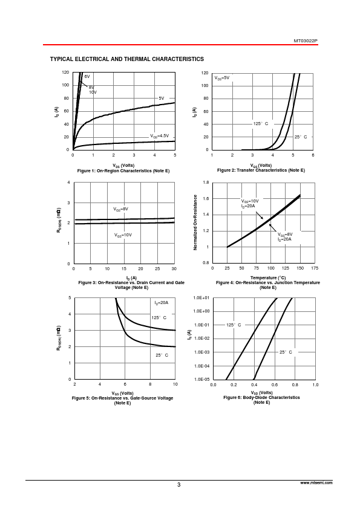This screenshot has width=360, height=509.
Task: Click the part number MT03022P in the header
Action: click(x=306, y=41)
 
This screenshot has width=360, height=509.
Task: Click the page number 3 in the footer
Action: click(x=178, y=485)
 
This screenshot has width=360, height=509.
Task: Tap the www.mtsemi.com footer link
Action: click(x=316, y=483)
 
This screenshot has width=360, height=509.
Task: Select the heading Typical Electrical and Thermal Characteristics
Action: click(x=127, y=59)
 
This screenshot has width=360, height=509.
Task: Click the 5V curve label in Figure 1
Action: click(x=162, y=98)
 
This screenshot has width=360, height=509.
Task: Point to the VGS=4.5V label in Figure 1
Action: click(x=159, y=136)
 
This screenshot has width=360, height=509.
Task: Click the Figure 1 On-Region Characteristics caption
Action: click(x=123, y=170)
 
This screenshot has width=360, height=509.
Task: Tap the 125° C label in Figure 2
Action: click(x=261, y=124)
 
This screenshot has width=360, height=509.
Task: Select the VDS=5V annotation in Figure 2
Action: click(x=221, y=78)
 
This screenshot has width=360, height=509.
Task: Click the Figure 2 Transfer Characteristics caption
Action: click(x=261, y=170)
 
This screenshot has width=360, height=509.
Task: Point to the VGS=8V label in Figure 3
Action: click(x=120, y=209)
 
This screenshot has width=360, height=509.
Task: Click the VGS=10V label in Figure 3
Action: click(x=123, y=235)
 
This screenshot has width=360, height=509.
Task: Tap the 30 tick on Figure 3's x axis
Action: click(x=174, y=269)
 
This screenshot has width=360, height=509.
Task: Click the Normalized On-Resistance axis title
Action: click(x=195, y=222)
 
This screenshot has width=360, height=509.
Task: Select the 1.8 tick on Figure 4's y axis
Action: click(x=206, y=183)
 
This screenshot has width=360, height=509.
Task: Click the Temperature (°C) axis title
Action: click(x=268, y=278)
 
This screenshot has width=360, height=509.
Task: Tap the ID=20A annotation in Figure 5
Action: click(x=161, y=303)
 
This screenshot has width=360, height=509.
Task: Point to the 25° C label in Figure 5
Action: click(x=162, y=355)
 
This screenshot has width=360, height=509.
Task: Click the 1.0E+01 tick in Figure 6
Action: click(x=201, y=297)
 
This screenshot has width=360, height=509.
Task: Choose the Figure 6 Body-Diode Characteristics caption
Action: click(x=261, y=397)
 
